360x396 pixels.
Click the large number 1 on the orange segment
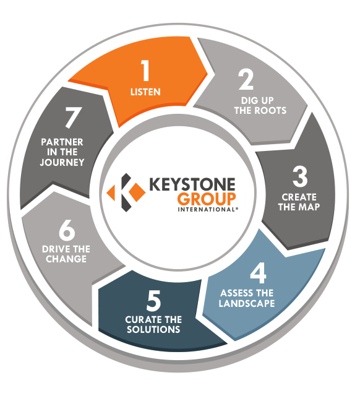pos(145,71)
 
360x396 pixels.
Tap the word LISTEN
pos(145,92)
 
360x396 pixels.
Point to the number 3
pos(300,176)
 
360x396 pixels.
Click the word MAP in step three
pos(309,207)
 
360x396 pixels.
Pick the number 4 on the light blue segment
pos(259,273)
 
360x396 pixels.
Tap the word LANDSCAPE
pos(247,303)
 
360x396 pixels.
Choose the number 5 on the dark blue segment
pos(153,301)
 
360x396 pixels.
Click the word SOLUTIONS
pos(153,330)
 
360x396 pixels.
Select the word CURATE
pos(142,320)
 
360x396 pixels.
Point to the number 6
pos(67,231)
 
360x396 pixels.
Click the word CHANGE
pos(66,259)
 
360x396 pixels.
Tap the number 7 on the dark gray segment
pos(74,118)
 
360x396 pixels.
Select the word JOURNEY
pos(62,162)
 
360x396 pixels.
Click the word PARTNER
pos(62,142)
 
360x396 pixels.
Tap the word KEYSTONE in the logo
pos(192,184)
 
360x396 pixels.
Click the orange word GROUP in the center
pos(207,199)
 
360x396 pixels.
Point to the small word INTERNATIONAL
pos(207,210)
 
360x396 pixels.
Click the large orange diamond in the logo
pos(136,192)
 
